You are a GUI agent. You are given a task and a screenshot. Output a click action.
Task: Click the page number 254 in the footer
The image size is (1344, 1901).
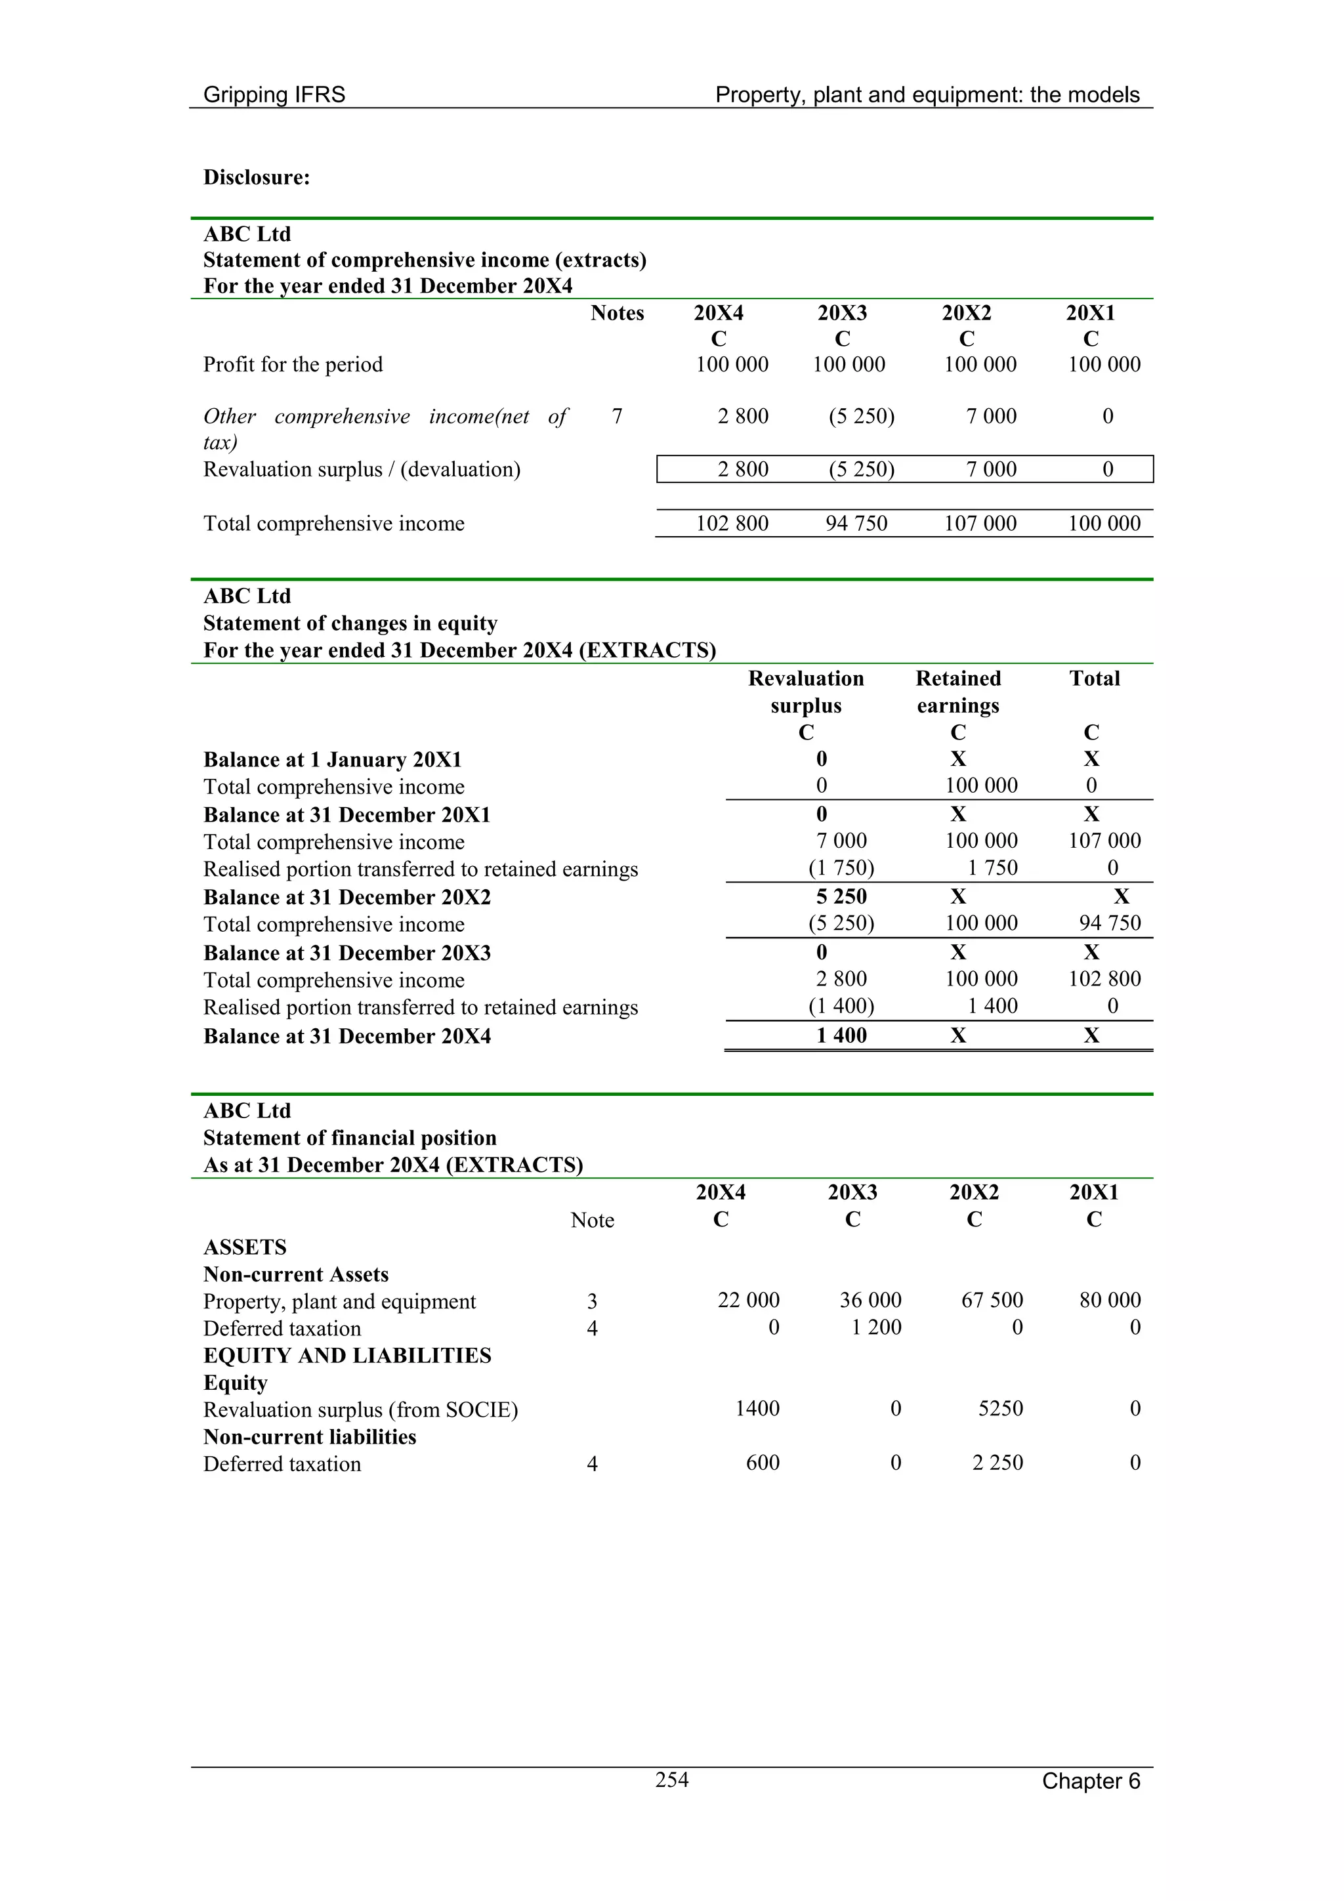tap(671, 1780)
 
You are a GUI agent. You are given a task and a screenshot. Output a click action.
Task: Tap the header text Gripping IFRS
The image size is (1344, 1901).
tap(274, 95)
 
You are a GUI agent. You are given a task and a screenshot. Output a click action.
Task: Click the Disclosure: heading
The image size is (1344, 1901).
tap(257, 177)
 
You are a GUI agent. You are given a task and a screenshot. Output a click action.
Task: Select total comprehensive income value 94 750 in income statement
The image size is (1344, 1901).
tap(856, 523)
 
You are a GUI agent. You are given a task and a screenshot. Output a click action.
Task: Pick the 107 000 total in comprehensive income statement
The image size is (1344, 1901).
tap(980, 523)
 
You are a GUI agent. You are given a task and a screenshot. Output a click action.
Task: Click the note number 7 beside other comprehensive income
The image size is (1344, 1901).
tap(617, 417)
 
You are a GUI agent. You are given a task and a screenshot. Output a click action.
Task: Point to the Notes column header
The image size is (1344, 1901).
tap(617, 313)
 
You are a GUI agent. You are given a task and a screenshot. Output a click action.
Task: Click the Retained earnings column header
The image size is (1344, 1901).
tap(958, 692)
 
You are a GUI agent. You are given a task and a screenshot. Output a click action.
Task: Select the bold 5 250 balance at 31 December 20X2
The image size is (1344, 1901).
tap(841, 896)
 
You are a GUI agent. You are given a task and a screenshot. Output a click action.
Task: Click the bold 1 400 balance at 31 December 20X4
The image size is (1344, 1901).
tap(841, 1035)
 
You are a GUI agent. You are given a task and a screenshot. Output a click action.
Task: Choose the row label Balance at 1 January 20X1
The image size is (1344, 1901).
tap(333, 760)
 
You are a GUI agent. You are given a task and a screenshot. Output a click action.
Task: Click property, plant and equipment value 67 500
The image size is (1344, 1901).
tap(991, 1300)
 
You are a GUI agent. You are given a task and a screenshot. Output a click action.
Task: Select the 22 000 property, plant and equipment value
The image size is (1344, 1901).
tap(747, 1300)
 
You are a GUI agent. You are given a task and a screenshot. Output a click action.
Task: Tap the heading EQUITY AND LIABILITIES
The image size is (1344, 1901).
tap(347, 1356)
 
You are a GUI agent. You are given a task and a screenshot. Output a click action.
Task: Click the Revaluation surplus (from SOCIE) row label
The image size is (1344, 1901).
tap(360, 1410)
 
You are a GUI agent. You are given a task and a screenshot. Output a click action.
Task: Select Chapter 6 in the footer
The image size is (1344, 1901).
tap(1090, 1781)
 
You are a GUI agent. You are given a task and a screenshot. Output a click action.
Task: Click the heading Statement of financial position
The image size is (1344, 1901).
tap(350, 1138)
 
